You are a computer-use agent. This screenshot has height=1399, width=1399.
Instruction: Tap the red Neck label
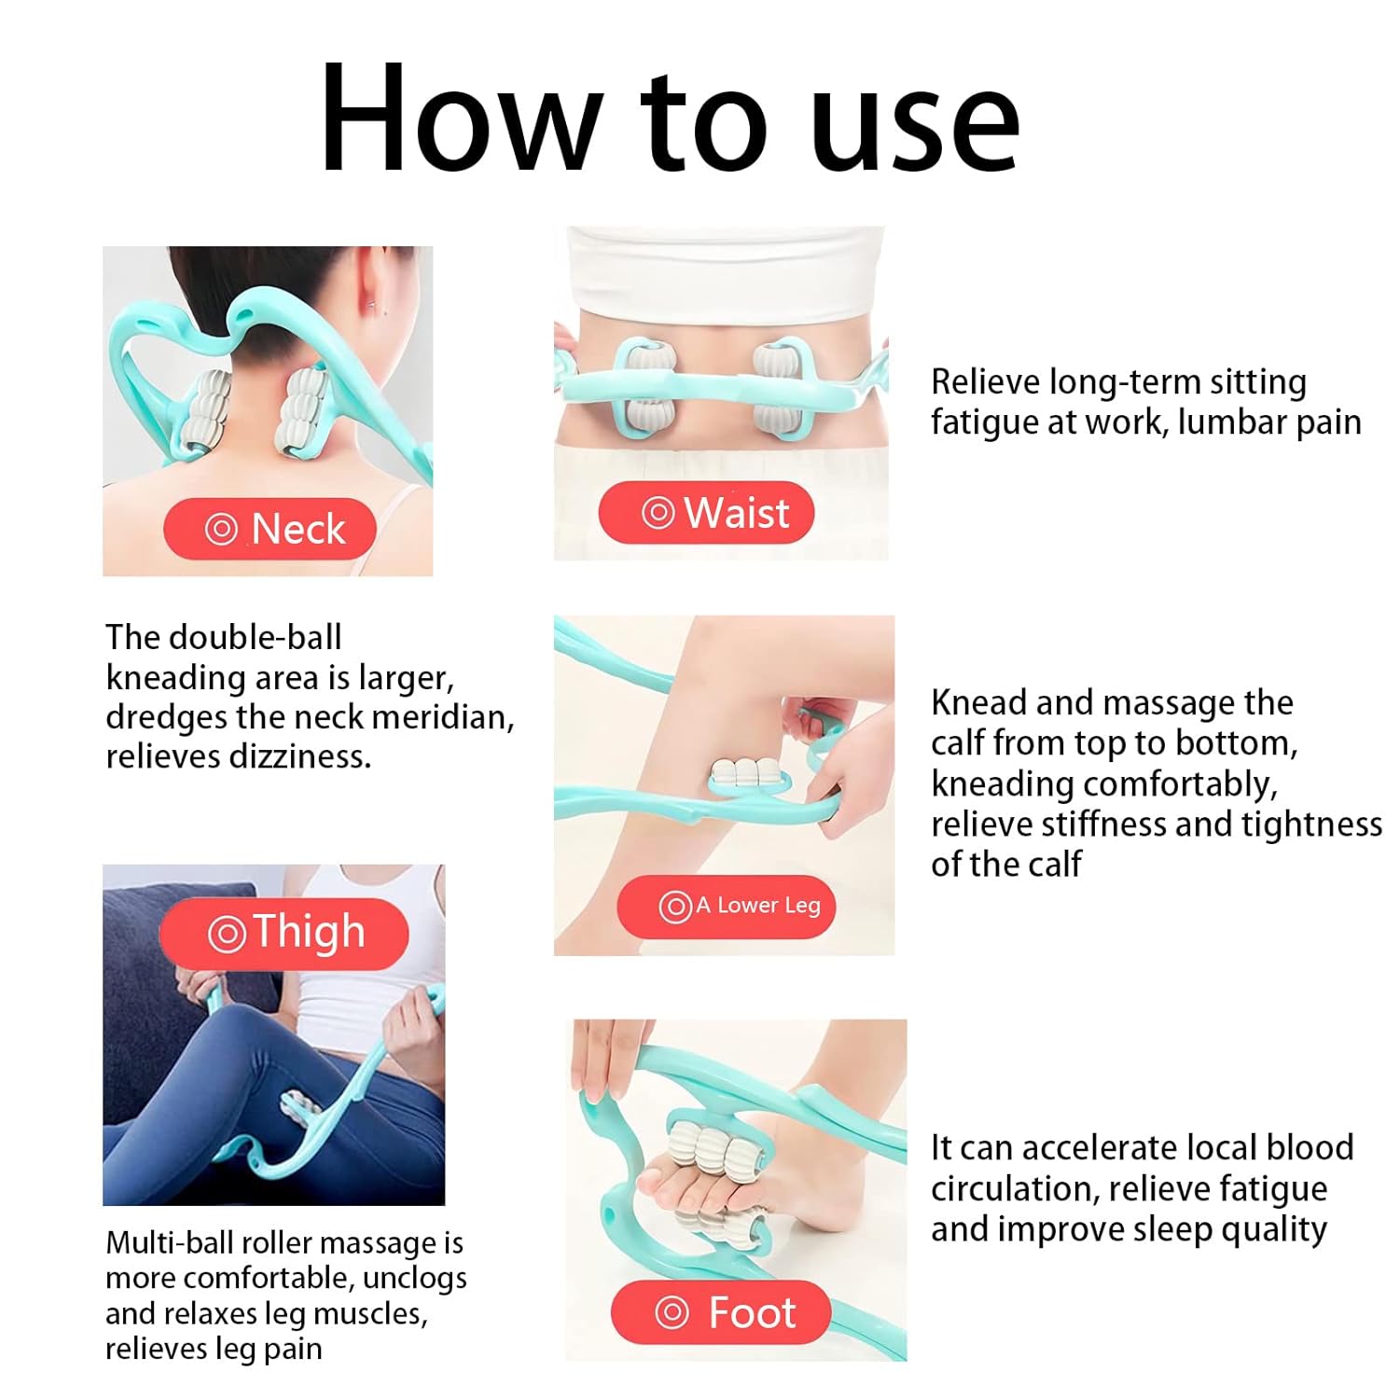coord(270,529)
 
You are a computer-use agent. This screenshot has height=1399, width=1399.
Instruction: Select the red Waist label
coord(706,513)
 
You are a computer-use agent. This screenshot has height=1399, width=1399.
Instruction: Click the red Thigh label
coord(284,933)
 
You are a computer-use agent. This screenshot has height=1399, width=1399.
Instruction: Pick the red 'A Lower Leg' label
coord(726,906)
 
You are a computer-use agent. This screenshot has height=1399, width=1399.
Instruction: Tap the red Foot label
coord(721,1312)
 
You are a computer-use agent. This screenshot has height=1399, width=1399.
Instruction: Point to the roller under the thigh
coord(300,1110)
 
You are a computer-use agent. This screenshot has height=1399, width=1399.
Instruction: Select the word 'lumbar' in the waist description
coord(1233,422)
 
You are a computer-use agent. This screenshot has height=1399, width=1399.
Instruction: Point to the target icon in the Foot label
coord(672,1312)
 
